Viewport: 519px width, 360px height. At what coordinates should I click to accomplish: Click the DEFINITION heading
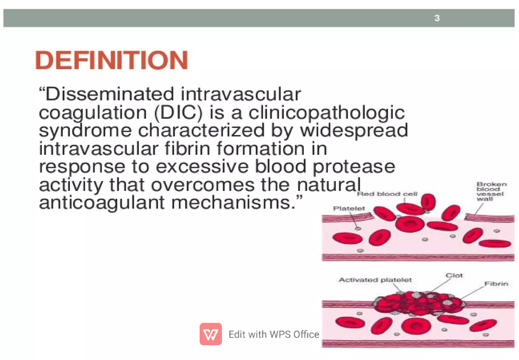pyautogui.click(x=112, y=60)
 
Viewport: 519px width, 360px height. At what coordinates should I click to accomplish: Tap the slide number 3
pyautogui.click(x=437, y=18)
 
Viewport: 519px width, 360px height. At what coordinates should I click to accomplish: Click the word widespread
pyautogui.click(x=354, y=130)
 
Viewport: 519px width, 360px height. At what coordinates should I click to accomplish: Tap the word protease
pyautogui.click(x=354, y=167)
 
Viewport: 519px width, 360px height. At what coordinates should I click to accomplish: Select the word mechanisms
pyautogui.click(x=233, y=203)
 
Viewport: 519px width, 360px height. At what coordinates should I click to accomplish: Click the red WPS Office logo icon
pyautogui.click(x=211, y=334)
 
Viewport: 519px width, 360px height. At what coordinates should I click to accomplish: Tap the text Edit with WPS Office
pyautogui.click(x=274, y=334)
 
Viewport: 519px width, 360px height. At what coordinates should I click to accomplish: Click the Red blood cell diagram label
pyautogui.click(x=387, y=194)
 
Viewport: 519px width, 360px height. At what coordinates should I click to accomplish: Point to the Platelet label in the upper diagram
pyautogui.click(x=349, y=208)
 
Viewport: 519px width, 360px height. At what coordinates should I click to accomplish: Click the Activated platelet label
pyautogui.click(x=375, y=280)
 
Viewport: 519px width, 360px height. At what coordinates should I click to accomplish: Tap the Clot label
pyautogui.click(x=454, y=275)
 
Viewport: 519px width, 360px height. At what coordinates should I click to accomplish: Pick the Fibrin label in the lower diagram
pyautogui.click(x=496, y=284)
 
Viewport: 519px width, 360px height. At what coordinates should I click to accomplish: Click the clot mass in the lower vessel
pyautogui.click(x=418, y=303)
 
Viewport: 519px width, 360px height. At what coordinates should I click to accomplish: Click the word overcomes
pyautogui.click(x=203, y=185)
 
